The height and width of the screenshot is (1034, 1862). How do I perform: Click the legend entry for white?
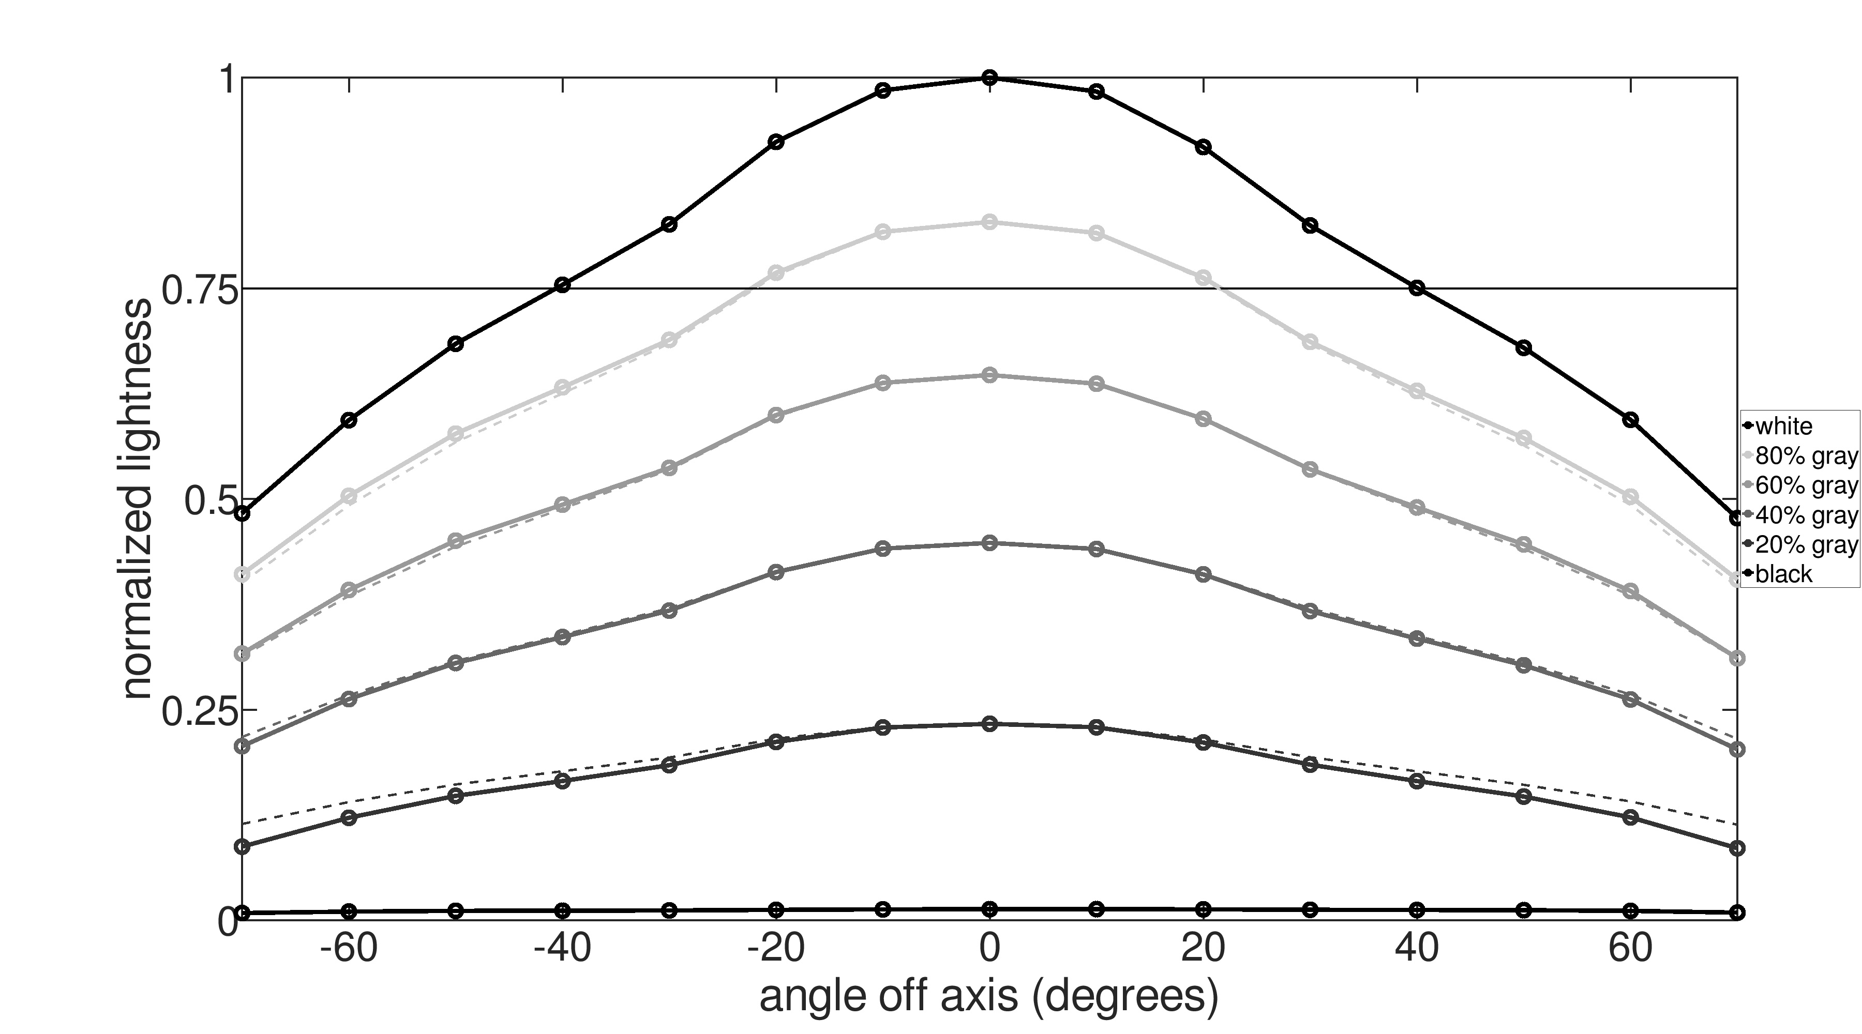tap(1783, 427)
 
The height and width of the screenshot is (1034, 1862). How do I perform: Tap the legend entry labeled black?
tap(1783, 574)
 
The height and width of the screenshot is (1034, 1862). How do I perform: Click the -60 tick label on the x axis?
tap(349, 949)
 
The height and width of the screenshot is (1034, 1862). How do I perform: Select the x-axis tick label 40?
tap(1417, 949)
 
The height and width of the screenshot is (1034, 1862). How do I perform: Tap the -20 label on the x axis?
tap(776, 949)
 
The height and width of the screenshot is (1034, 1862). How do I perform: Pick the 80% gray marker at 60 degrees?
tap(1630, 497)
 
